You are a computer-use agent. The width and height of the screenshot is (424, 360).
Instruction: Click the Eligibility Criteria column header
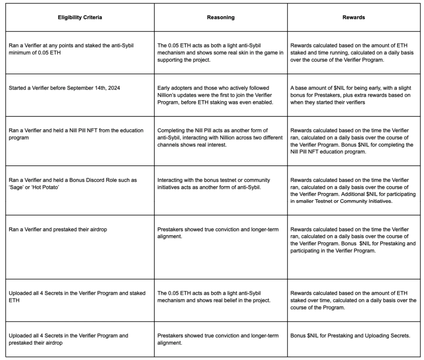80,17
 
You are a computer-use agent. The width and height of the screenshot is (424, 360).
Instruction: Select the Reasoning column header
221,17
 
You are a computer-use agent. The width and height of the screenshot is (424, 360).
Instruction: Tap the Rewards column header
354,17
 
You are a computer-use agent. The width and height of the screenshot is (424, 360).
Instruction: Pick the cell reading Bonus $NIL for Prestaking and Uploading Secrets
350,336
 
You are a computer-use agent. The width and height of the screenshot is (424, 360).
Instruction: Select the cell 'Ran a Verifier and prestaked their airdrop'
58,230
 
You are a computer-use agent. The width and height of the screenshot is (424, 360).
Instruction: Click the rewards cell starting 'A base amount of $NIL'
350,95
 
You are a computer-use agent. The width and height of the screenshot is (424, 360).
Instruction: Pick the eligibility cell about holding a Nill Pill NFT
76,134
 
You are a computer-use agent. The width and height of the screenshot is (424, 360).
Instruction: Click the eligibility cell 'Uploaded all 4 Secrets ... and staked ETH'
77,297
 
